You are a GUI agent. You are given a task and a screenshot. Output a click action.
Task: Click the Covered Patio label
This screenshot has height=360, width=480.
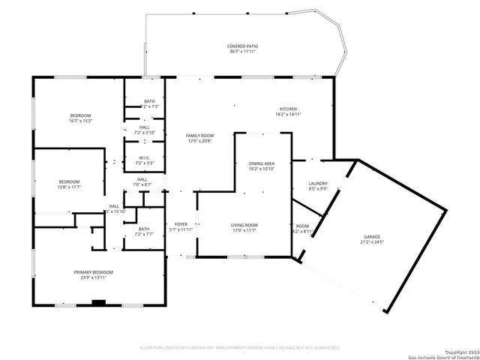tap(242, 46)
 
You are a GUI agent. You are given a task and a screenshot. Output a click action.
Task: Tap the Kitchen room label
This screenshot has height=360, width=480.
tap(288, 109)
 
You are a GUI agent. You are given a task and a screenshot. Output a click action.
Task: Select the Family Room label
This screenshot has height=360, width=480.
tap(199, 136)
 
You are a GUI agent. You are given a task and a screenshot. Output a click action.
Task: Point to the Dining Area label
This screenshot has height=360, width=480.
tap(262, 163)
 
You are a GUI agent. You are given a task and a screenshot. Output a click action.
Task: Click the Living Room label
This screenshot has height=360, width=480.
tap(244, 225)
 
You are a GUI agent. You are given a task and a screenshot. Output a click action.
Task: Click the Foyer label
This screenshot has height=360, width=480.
tap(181, 224)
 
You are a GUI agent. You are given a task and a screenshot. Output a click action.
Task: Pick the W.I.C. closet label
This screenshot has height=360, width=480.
tap(143, 157)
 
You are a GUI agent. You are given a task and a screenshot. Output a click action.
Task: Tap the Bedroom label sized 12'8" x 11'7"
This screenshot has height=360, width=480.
tap(70, 181)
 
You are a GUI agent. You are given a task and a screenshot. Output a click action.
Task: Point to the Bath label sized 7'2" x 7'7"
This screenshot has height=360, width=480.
tap(143, 229)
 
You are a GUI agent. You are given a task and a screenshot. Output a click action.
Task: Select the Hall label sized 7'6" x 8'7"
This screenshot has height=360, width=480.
tap(142, 179)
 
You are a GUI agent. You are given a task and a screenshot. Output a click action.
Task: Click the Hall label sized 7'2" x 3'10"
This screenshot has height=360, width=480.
tap(144, 127)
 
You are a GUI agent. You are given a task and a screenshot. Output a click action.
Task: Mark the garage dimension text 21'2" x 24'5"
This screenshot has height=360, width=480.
tap(372, 243)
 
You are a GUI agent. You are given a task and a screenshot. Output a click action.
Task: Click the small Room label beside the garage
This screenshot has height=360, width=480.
tap(302, 226)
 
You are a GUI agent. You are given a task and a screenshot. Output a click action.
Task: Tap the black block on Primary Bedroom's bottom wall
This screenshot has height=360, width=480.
tap(97, 303)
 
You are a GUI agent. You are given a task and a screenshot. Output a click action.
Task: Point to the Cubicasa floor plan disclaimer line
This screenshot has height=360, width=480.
tap(240, 348)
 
